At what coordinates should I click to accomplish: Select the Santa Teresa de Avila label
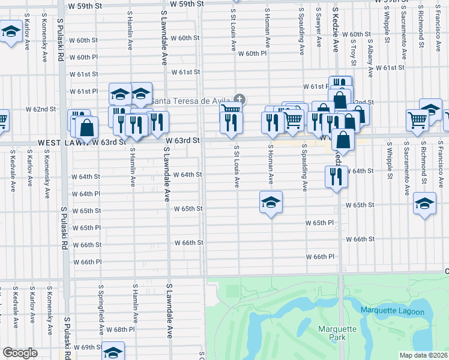click(x=191, y=100)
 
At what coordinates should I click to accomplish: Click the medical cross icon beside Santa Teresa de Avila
click(x=240, y=99)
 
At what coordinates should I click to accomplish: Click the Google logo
click(x=20, y=353)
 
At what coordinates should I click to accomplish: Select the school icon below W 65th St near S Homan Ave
click(x=271, y=202)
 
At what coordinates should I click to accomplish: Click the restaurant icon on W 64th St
click(x=336, y=176)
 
